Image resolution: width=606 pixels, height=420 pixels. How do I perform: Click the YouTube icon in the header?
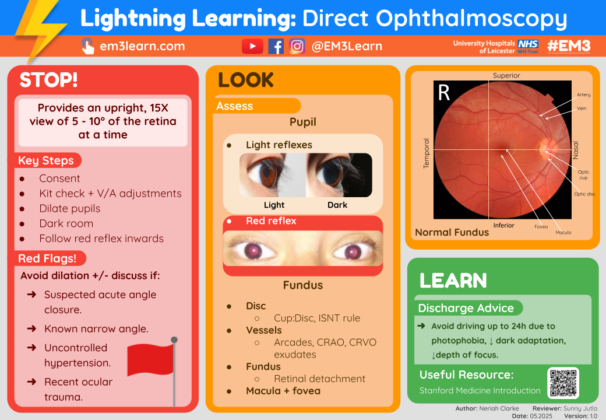(x=252, y=46)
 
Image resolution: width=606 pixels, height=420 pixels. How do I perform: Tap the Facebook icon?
(x=276, y=46)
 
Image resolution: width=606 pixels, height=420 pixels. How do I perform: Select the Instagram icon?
(x=297, y=46)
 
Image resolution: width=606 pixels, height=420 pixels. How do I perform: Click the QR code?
(x=563, y=383)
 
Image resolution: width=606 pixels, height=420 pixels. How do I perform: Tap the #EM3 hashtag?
(x=569, y=46)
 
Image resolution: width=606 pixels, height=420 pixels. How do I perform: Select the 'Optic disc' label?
(x=584, y=194)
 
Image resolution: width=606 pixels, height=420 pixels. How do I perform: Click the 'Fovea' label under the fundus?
(x=541, y=226)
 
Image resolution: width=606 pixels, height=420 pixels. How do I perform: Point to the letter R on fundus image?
(x=444, y=93)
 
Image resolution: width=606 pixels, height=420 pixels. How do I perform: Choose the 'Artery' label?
(x=583, y=94)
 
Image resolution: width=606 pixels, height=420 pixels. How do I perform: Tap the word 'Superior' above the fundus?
(x=506, y=76)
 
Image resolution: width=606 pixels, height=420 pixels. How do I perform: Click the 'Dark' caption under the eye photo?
(x=337, y=205)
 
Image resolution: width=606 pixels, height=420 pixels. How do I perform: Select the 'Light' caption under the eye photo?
(x=274, y=205)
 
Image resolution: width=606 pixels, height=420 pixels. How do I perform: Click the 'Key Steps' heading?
(x=46, y=160)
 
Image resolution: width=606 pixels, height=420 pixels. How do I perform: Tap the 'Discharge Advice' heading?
(x=466, y=308)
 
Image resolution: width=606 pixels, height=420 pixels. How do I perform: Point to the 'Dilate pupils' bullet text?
(x=69, y=208)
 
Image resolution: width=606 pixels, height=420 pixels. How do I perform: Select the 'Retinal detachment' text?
(x=319, y=379)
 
